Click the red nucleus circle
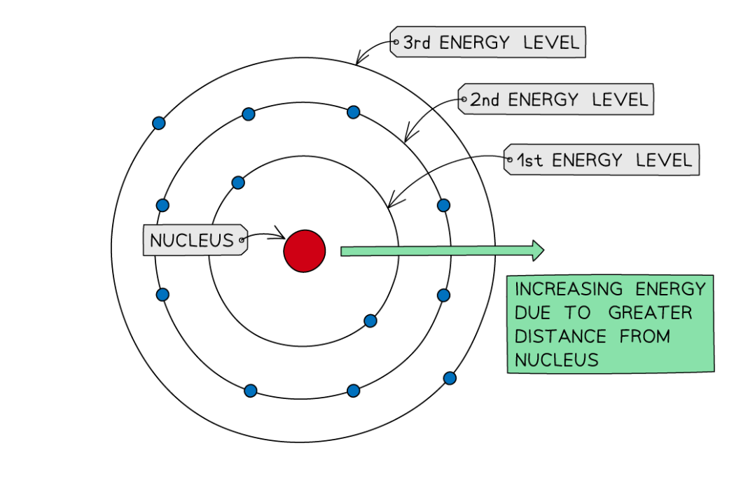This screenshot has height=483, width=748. (305, 251)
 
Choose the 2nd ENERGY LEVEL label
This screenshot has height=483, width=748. (557, 100)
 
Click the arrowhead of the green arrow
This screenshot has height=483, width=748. (537, 251)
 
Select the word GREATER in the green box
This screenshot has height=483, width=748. (650, 313)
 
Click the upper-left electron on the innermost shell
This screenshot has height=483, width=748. (238, 183)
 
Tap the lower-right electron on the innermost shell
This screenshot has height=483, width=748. (370, 321)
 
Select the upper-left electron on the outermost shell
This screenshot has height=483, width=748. (159, 123)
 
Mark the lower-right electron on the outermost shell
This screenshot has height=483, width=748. (450, 378)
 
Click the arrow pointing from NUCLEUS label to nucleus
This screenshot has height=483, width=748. (266, 234)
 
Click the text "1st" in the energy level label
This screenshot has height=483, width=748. (529, 161)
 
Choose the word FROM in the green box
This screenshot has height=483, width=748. (644, 337)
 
